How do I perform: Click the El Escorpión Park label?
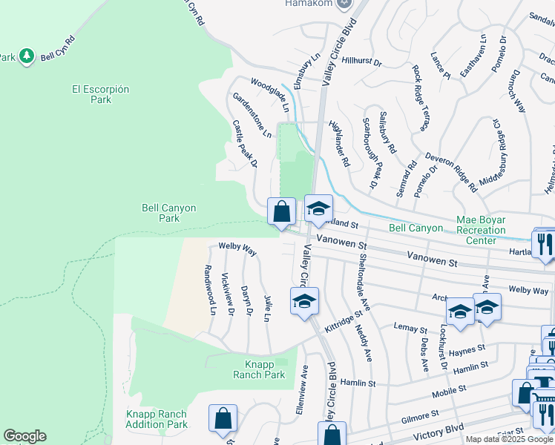101,94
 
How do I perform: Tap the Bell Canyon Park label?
169,213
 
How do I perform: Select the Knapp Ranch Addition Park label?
157,419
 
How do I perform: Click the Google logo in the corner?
24,436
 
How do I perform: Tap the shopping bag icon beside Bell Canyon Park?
282,211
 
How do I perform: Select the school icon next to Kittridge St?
304,302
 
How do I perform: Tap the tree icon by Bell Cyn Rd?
27,56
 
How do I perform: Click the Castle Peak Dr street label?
245,143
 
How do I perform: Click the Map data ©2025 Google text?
509,439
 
